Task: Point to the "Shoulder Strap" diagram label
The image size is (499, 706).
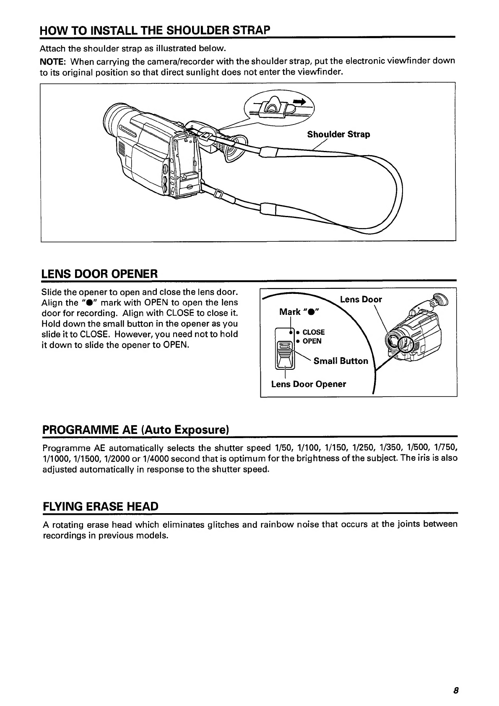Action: click(338, 135)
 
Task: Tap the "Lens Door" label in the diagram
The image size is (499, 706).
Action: click(361, 299)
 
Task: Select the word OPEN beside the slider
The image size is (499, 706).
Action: click(312, 341)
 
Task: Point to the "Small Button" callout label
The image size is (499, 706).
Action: click(340, 361)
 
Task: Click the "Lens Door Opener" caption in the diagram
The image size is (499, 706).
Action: click(308, 384)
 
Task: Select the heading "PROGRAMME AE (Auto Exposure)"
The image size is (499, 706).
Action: click(135, 430)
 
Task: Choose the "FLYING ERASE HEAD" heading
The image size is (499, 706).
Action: click(101, 506)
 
